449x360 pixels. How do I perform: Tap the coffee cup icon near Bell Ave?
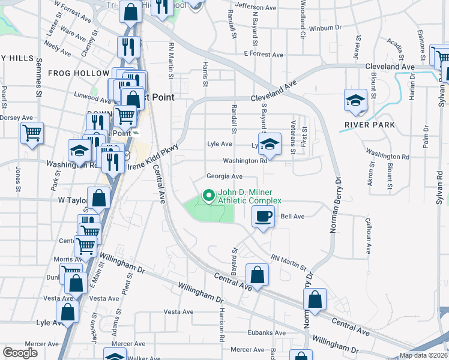[x=264, y=217]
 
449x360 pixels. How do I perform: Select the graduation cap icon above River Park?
[x=355, y=100]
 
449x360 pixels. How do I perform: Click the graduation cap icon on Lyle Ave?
[x=270, y=145]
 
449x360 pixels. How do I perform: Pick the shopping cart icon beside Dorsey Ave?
[x=32, y=133]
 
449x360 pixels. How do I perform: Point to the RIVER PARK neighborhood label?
[x=370, y=125]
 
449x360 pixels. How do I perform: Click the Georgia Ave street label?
[x=224, y=176]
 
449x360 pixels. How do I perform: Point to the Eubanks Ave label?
[x=267, y=332]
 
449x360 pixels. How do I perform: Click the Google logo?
[x=20, y=353]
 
